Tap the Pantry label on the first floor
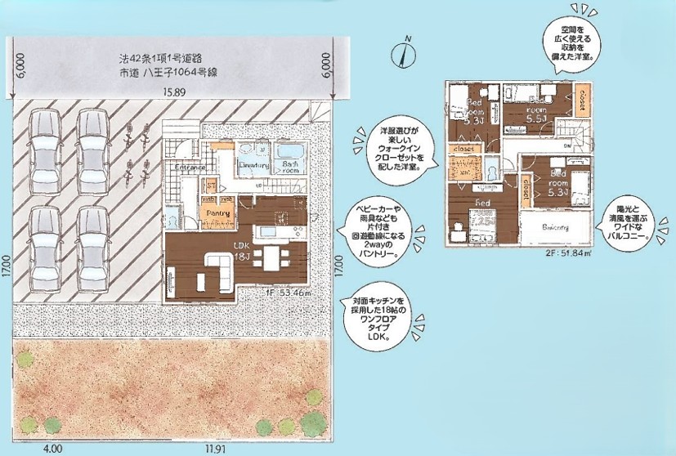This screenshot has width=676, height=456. (218, 213)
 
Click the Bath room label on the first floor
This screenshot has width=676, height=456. (289, 166)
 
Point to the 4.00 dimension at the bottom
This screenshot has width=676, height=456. (53, 449)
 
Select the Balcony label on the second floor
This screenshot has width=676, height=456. (556, 226)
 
